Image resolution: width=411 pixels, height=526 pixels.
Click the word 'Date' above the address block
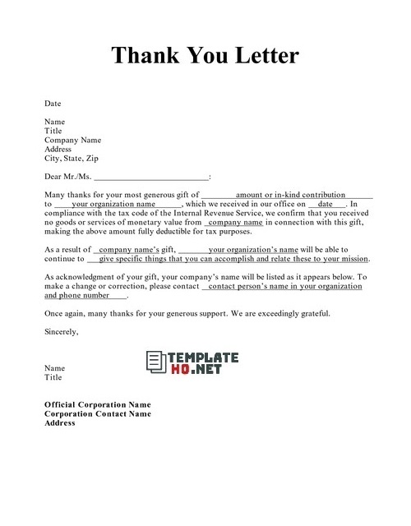[53, 104]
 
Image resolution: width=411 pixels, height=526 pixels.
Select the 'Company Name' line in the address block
[72, 140]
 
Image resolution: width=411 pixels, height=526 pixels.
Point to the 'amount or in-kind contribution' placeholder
[290, 195]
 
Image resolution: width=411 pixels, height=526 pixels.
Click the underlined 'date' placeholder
[326, 204]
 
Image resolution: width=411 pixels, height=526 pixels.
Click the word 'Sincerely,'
[62, 331]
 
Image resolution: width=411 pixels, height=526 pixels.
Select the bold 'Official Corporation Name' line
[97, 405]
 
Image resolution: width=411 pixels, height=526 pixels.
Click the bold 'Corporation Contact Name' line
[97, 414]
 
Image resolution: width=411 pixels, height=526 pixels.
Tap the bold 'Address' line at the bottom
[60, 423]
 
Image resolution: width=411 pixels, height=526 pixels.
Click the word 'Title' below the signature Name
[53, 377]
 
